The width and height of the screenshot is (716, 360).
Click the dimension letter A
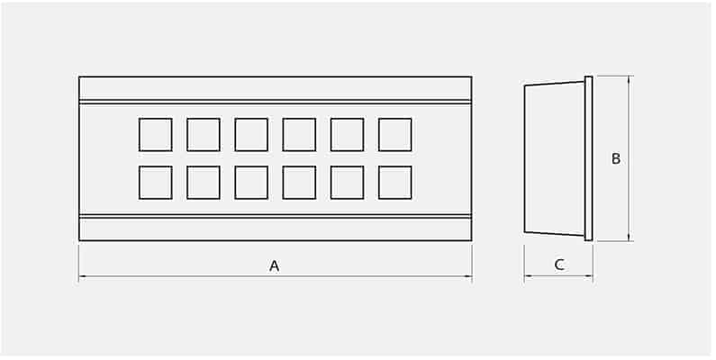[274, 265]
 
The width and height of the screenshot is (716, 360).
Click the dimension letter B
[616, 158]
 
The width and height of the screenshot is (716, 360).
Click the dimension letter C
[559, 265]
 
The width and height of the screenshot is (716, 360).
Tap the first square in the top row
[156, 135]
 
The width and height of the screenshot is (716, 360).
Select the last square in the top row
[395, 135]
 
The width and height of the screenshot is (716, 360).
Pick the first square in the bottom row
[156, 183]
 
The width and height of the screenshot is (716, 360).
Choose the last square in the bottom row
[395, 183]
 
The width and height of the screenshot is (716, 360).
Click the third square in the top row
[251, 135]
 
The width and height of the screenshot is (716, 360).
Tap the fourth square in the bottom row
[299, 183]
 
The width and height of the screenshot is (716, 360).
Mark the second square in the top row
[204, 135]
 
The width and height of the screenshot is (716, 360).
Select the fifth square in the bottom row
[347, 183]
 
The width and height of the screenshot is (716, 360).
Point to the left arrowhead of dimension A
[82, 276]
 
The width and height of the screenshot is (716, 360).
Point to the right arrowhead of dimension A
[468, 276]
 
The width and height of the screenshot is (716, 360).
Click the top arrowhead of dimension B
[630, 79]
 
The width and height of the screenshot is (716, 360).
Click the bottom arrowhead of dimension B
[630, 238]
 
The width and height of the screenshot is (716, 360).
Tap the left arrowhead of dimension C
[528, 276]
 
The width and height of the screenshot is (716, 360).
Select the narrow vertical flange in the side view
[589, 158]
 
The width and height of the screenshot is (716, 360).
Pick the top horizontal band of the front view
[276, 88]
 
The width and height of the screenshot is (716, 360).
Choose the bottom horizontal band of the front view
[276, 229]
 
